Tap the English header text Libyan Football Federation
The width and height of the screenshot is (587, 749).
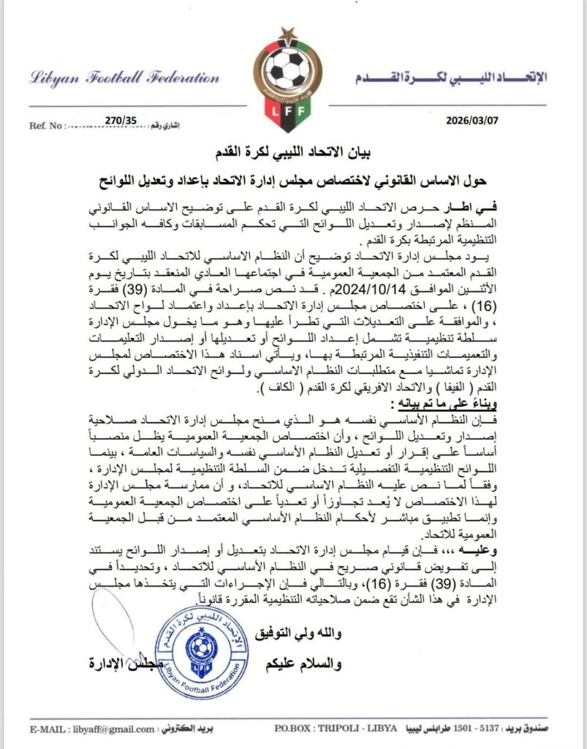point(124,78)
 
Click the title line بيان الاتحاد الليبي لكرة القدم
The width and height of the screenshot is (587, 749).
point(294,152)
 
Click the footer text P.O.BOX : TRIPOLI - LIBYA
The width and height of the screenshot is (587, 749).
point(336,729)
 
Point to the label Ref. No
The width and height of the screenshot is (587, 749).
point(45,126)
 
